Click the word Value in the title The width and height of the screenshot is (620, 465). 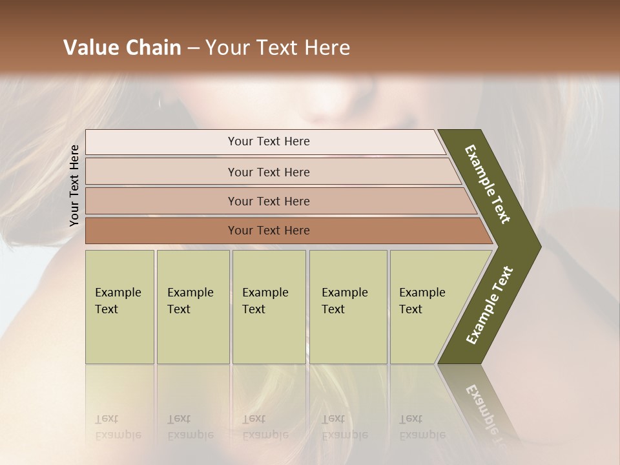click(91, 48)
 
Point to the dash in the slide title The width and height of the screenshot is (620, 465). click(193, 48)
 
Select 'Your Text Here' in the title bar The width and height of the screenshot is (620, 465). click(278, 48)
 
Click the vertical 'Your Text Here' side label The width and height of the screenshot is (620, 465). click(74, 185)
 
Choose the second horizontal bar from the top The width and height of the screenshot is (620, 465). click(269, 172)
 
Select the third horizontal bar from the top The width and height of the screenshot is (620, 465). click(269, 201)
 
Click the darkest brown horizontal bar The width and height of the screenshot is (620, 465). click(269, 231)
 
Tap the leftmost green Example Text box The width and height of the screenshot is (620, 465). click(119, 307)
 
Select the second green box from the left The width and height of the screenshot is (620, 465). click(192, 307)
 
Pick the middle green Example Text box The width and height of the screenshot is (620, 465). click(269, 307)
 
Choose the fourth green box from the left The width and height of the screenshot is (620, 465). click(348, 307)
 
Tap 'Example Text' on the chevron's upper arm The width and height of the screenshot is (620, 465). click(488, 184)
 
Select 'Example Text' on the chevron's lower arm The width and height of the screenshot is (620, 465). click(490, 305)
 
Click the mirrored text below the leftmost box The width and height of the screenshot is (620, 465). click(118, 427)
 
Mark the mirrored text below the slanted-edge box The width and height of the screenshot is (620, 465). click(422, 427)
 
